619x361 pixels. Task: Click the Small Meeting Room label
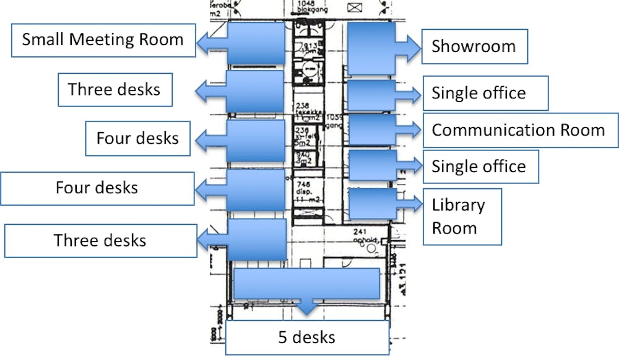[x=103, y=41]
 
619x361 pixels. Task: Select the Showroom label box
[x=474, y=46]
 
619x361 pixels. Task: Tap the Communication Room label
[x=518, y=131]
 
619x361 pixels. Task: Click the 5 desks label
[x=306, y=337]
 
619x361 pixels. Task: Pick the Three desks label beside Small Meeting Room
[x=115, y=89]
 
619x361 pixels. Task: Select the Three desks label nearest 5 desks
[x=100, y=240]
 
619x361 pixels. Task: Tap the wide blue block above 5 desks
[x=306, y=283]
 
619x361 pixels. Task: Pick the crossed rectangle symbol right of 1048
[x=355, y=8]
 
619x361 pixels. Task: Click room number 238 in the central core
[x=302, y=106]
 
